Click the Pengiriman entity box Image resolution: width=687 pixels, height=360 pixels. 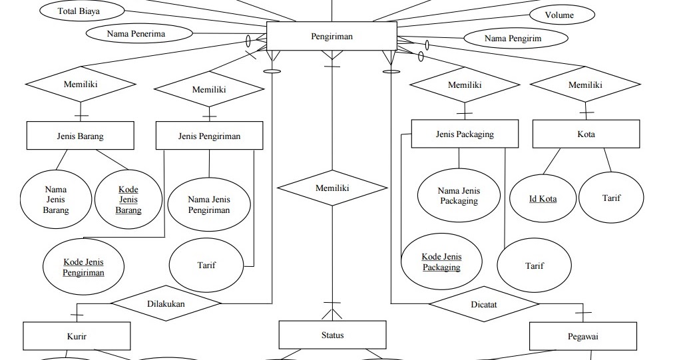tap(332, 37)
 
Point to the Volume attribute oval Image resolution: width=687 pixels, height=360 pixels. tap(559, 15)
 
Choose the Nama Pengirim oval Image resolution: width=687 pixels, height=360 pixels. tap(513, 39)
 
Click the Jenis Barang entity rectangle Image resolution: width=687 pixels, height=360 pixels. tap(80, 136)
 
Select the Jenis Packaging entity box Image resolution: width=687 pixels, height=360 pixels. tap(465, 134)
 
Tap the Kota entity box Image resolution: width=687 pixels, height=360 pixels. tap(586, 134)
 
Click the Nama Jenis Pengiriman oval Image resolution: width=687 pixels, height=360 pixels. tap(209, 204)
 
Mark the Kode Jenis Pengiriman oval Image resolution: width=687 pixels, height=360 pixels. tap(84, 268)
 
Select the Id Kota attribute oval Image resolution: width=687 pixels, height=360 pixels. tap(543, 198)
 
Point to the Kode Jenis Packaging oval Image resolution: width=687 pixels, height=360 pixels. tap(441, 262)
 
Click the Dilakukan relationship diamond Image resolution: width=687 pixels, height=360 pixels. tap(166, 303)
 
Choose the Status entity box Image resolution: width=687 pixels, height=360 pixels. tap(332, 335)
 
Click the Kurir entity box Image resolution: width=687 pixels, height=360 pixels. tap(77, 337)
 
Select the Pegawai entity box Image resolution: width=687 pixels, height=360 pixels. tap(582, 336)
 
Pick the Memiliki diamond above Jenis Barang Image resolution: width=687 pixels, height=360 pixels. tap(81, 85)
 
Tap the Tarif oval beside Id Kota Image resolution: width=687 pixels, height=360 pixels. tap(611, 198)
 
